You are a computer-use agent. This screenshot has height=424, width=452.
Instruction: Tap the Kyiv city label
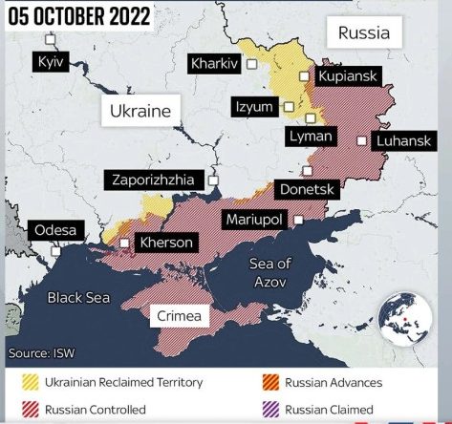coord(46,61)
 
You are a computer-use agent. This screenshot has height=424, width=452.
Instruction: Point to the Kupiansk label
coord(350,74)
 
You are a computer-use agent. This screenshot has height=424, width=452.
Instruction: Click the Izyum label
coord(254,107)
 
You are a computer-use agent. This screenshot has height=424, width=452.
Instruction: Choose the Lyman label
coord(311,137)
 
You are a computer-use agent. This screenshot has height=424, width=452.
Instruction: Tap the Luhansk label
coord(405,140)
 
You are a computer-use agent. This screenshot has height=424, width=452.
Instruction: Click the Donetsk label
coord(307,189)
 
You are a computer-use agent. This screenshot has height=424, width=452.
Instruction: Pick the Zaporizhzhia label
coord(157,179)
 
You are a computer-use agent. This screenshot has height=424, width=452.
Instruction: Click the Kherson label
coord(165,243)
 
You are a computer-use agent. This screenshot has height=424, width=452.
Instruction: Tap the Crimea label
coord(179,315)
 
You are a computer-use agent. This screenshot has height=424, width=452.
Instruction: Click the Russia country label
coord(364,33)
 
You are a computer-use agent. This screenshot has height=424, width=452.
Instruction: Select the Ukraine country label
coord(140,111)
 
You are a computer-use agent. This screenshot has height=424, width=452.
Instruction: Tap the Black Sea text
coord(78,298)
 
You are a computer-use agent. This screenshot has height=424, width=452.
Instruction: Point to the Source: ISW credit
coord(42,352)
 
